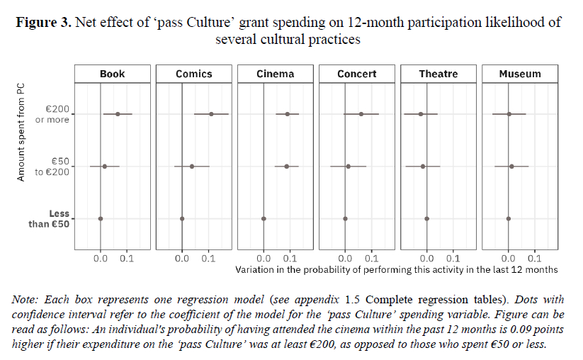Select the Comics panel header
coord(193,74)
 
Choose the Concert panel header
coord(356,74)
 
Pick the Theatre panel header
coord(438,74)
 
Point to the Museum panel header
coord(520,74)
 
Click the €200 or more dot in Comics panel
coord(211,113)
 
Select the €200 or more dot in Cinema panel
coord(287,113)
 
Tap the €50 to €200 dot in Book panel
coord(104,167)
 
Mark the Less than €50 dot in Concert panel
coord(345,219)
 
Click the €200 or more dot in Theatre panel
coord(421,113)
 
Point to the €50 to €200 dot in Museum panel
coord(511,167)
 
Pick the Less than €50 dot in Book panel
coord(101,219)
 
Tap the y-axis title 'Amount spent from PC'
coord(21,131)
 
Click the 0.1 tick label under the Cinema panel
coord(290,259)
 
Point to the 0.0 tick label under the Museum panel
coord(508,259)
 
